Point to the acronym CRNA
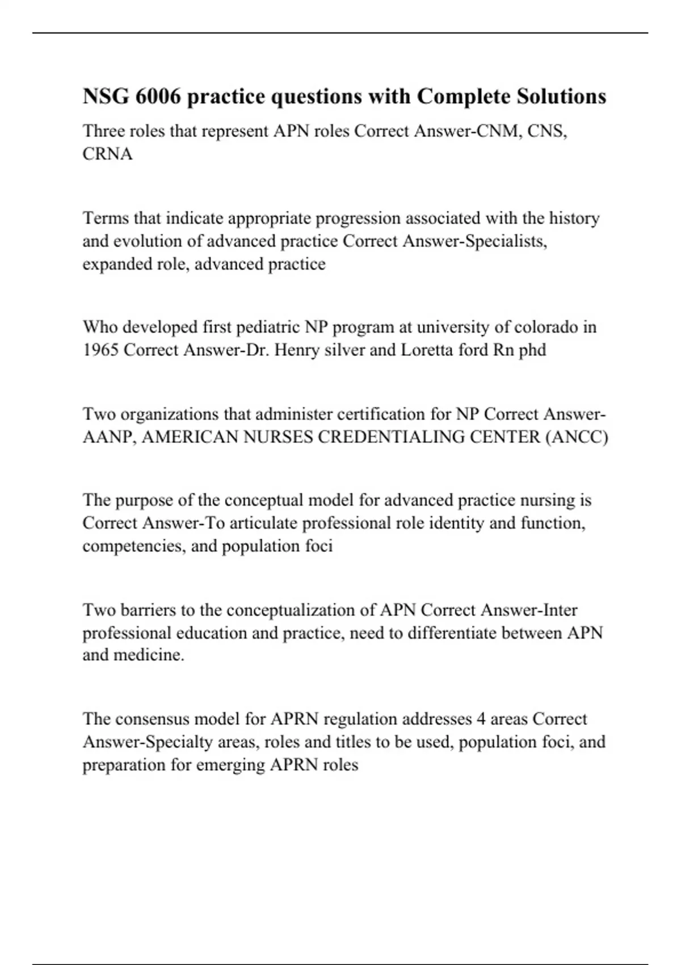tap(107, 154)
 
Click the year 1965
tap(100, 350)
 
